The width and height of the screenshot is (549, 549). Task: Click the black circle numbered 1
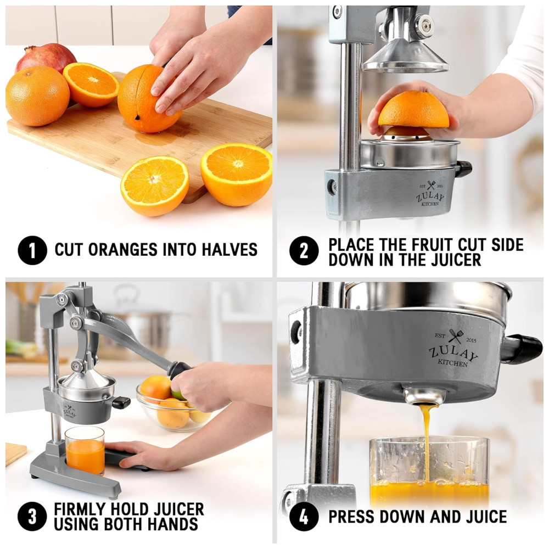(x=32, y=250)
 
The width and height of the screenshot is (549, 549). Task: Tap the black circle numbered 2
(x=304, y=250)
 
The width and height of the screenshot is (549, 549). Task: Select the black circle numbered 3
(x=32, y=517)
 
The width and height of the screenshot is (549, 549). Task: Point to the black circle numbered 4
(x=304, y=517)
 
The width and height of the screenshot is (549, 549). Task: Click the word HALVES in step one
(x=229, y=250)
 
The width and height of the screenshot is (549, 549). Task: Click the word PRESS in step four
(x=351, y=517)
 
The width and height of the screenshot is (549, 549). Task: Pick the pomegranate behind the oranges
(x=46, y=57)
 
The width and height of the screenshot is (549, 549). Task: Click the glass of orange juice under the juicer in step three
(x=85, y=450)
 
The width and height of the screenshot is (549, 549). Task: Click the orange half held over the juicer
(x=413, y=110)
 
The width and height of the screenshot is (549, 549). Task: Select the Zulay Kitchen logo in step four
(x=453, y=348)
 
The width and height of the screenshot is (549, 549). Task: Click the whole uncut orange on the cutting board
(x=37, y=96)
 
